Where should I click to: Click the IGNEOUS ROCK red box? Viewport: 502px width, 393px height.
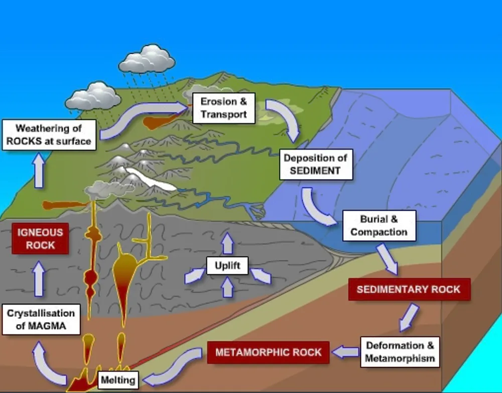40,239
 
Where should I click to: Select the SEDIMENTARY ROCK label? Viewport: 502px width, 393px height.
409,289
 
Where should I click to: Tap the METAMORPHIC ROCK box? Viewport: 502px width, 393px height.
268,352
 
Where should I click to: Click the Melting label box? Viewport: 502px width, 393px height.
118,380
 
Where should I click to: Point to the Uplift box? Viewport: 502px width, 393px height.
227,266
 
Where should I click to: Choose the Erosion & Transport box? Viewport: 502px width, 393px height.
224,108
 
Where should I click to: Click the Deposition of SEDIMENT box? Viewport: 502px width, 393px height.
316,165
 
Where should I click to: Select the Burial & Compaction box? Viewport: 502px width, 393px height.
380,226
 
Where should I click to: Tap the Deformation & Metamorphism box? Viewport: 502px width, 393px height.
400,352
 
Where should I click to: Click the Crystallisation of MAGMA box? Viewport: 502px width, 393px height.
41,319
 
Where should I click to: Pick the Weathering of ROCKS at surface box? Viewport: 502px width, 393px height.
49,135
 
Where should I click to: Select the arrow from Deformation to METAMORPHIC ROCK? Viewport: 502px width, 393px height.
345,352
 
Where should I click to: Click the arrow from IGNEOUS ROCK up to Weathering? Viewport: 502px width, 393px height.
39,170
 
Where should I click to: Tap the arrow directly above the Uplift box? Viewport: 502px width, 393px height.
227,243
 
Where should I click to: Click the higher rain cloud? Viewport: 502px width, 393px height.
147,59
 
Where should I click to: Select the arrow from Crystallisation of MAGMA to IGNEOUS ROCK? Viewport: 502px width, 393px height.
39,279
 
